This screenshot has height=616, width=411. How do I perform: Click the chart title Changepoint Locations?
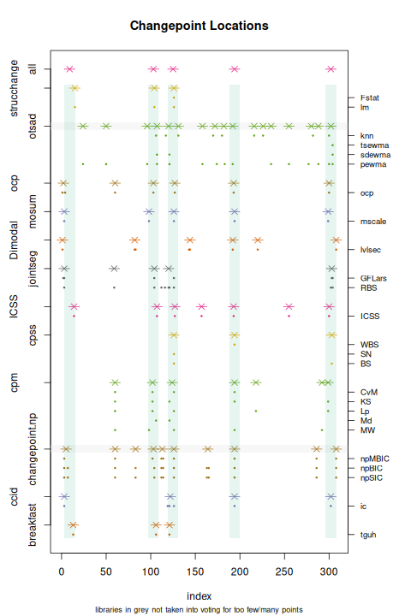tap(199, 26)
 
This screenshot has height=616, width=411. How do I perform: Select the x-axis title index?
tap(199, 595)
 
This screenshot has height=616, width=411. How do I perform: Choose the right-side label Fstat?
tap(370, 98)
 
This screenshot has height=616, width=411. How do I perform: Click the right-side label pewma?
tap(373, 164)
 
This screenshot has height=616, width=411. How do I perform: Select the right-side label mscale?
tap(373, 221)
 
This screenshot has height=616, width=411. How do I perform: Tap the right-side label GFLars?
tap(373, 278)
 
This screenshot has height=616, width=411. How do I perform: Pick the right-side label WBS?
tap(370, 344)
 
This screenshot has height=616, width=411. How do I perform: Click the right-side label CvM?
tap(369, 392)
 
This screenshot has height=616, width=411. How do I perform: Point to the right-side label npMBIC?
tap(375, 459)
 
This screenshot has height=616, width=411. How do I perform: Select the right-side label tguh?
tap(368, 535)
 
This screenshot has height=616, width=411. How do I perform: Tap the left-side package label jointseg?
tap(33, 269)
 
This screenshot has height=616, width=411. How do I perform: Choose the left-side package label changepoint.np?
tap(33, 449)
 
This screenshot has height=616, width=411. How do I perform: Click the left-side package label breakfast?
tap(33, 524)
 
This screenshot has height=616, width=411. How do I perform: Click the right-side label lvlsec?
tap(372, 249)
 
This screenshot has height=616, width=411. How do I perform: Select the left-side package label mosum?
tap(33, 211)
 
